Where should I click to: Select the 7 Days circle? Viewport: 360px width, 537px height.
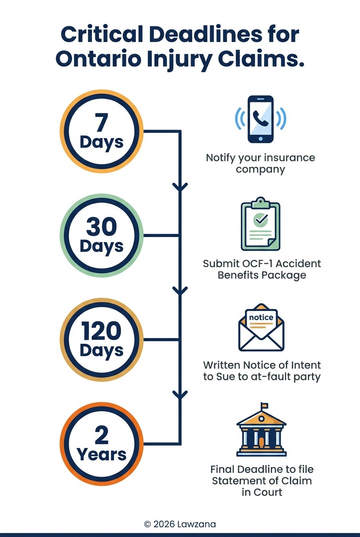(x=101, y=131)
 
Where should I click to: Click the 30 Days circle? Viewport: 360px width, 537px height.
(x=101, y=235)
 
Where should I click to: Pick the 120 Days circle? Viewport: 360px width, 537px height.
(x=101, y=339)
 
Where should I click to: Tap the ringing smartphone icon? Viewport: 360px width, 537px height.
(x=261, y=119)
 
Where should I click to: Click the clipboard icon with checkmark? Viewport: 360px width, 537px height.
(x=261, y=225)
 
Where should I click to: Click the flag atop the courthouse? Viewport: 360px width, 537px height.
(x=264, y=405)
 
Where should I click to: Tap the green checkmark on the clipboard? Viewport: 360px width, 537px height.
(x=260, y=220)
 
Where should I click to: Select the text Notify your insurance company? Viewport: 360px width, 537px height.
(x=260, y=164)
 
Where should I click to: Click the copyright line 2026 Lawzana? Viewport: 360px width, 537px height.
(x=180, y=524)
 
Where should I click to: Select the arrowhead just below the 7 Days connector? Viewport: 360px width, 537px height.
(x=180, y=187)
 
